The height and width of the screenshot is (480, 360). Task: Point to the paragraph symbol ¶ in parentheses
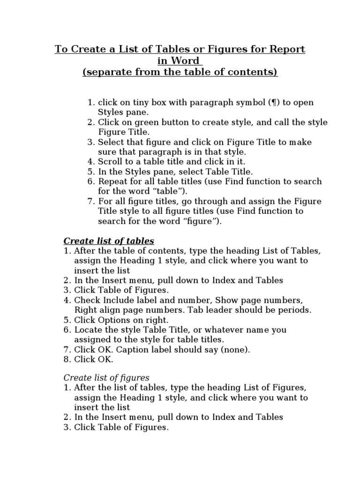point(272,103)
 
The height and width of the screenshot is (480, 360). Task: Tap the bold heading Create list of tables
point(109,241)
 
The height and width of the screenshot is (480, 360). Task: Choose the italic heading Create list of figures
point(106,377)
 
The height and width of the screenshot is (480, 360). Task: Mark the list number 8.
point(67,360)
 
